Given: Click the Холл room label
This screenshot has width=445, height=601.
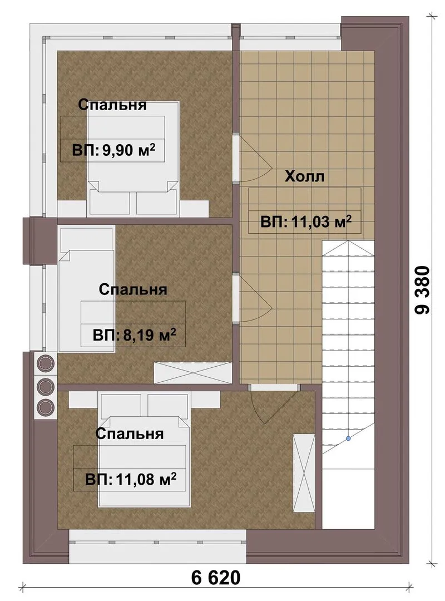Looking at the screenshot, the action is (305, 176).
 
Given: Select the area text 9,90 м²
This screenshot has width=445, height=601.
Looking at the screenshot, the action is (129, 150).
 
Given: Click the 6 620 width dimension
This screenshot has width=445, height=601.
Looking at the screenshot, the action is (216, 578).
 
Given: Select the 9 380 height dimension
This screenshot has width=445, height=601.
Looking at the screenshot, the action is (423, 290).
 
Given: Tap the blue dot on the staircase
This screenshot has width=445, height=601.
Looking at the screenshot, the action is (348, 438).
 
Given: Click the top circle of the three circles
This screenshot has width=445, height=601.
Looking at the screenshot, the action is (45, 363).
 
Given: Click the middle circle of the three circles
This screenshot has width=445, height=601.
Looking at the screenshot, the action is (45, 385).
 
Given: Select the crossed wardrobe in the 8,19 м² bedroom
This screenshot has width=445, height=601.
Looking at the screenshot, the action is (193, 372).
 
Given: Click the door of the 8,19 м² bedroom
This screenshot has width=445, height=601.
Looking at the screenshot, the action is (253, 299).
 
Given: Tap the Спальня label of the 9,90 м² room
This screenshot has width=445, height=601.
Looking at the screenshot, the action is (112, 105).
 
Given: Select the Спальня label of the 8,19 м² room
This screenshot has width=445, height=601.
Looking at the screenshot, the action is (133, 289).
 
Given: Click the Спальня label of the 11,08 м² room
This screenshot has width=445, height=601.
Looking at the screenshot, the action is (130, 433).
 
